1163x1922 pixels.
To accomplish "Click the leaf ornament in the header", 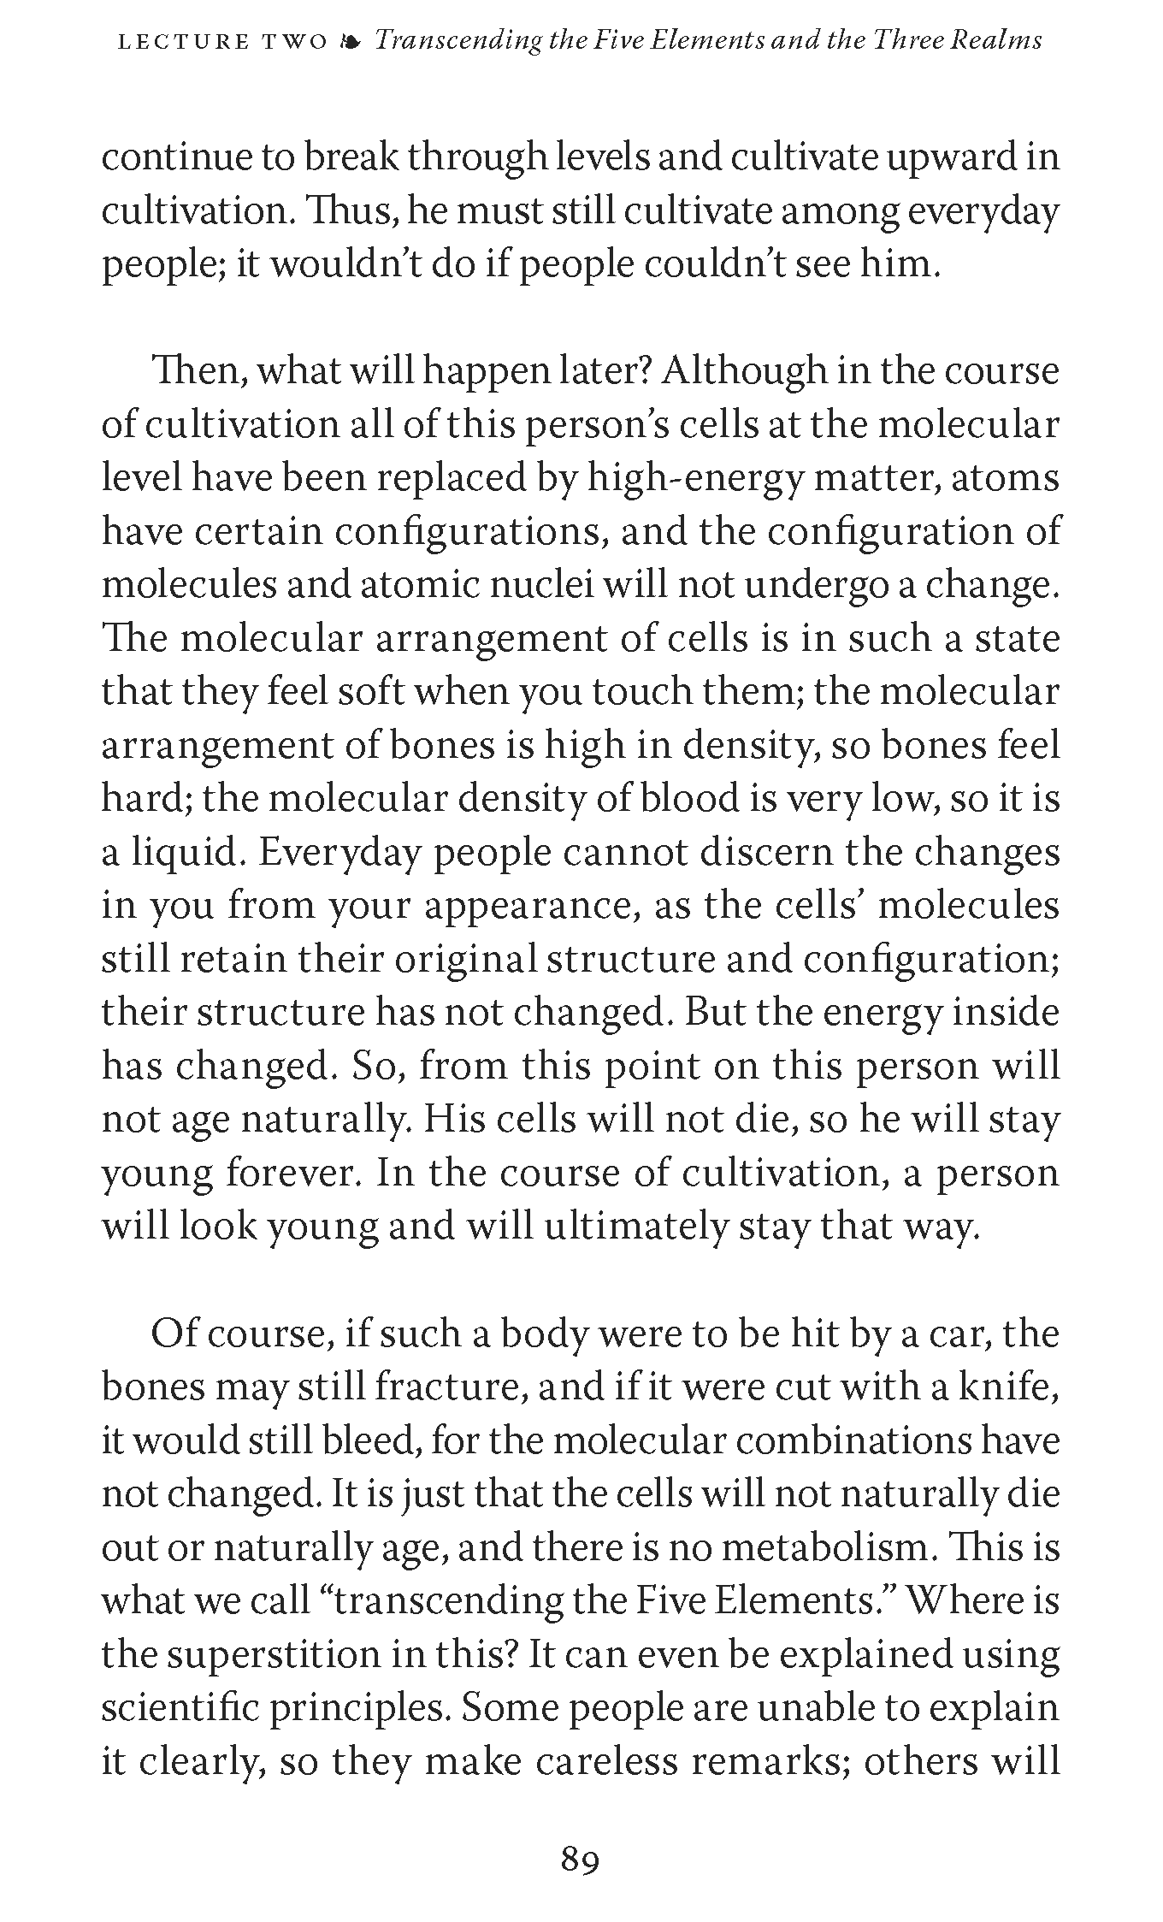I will (349, 41).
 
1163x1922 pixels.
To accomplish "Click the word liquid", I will (185, 853).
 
